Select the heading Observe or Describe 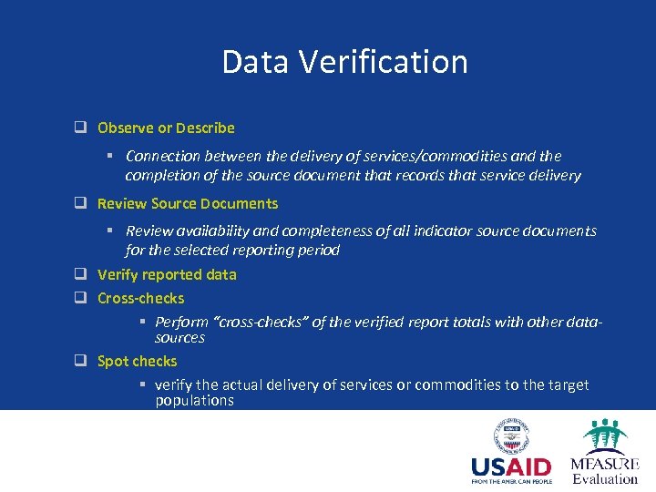tap(166, 128)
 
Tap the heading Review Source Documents tap(188, 203)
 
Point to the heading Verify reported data tap(167, 274)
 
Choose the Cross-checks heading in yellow tap(141, 298)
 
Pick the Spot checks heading tap(138, 361)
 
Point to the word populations tap(195, 401)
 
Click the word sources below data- tap(179, 338)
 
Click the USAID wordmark tap(511, 468)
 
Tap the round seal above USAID tap(511, 436)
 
